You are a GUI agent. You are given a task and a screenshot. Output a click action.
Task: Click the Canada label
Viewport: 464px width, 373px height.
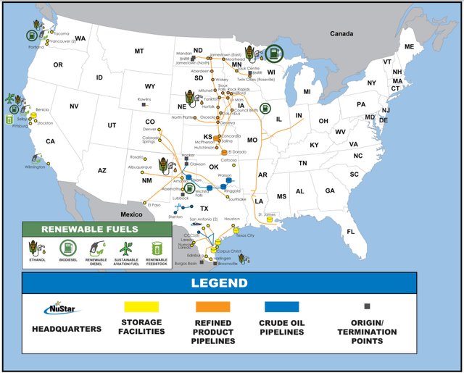tap(341, 34)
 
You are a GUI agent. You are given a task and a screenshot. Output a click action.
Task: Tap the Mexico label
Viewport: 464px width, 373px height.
tap(132, 214)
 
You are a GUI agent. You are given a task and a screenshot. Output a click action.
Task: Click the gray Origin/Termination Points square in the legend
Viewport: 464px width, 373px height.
tap(368, 306)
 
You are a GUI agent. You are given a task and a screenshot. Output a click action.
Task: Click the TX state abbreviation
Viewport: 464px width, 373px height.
tap(204, 209)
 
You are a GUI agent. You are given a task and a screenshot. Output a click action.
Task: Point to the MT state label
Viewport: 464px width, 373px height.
tap(139, 51)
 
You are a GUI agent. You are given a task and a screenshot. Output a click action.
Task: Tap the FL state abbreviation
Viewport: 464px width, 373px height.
tap(351, 232)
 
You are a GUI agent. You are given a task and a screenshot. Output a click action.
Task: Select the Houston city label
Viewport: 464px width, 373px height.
tap(232, 219)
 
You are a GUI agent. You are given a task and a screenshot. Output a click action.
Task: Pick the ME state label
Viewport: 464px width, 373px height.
tap(410, 47)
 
